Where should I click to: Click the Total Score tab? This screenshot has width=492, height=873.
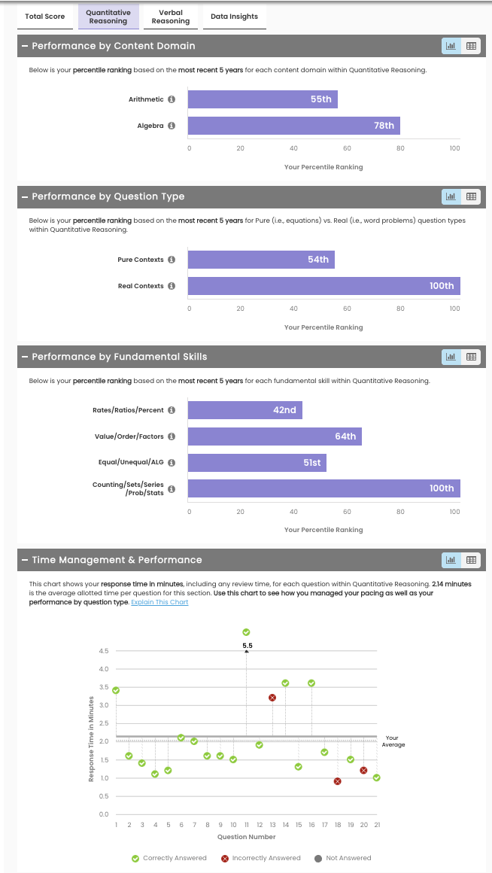click(44, 17)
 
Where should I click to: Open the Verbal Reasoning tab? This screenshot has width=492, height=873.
click(171, 17)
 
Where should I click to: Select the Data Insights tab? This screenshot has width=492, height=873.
click(235, 17)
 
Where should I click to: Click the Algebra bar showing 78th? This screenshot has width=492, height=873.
click(293, 126)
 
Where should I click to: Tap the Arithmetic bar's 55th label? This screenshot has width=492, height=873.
click(320, 99)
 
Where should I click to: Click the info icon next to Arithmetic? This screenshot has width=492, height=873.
click(172, 99)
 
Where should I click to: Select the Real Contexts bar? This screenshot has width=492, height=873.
click(323, 286)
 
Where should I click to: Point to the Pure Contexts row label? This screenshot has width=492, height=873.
click(140, 260)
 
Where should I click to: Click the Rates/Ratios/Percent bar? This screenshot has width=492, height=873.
click(244, 410)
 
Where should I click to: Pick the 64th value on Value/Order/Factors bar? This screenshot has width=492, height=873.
click(345, 436)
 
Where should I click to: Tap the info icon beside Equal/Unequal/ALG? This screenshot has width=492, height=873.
click(172, 463)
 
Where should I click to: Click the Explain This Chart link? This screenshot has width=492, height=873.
click(159, 602)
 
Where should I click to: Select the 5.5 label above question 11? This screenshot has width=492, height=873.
click(247, 646)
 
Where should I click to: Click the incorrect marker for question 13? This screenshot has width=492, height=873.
click(272, 698)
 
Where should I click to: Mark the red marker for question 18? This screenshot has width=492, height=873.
click(337, 781)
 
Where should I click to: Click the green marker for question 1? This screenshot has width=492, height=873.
click(116, 690)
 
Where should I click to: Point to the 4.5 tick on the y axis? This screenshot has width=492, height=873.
click(103, 651)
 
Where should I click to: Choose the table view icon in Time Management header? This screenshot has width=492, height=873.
click(472, 560)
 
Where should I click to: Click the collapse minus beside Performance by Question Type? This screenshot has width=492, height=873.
click(25, 196)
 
